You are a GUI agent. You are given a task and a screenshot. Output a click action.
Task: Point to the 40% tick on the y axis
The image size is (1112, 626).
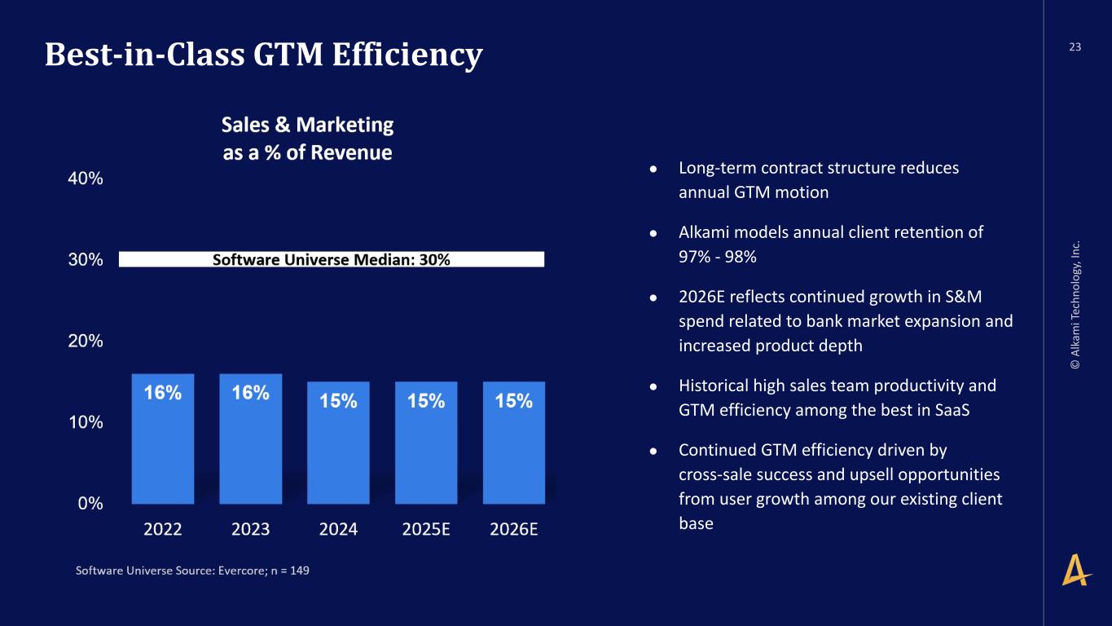(85, 179)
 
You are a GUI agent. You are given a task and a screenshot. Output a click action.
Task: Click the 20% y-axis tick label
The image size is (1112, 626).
(85, 342)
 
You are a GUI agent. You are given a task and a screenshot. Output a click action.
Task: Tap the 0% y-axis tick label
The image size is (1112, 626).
(90, 504)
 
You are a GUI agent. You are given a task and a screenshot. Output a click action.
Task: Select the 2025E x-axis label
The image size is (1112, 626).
(426, 529)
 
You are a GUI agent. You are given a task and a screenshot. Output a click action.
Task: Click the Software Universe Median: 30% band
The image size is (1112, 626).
(331, 259)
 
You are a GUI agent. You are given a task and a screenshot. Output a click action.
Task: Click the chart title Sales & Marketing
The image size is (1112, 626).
(307, 125)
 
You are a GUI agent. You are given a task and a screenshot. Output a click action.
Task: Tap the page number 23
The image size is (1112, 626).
(1075, 47)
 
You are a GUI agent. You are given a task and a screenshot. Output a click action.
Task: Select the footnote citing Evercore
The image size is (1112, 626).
(192, 571)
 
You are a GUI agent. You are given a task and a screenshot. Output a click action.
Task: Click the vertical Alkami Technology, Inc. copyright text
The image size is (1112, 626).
(1076, 305)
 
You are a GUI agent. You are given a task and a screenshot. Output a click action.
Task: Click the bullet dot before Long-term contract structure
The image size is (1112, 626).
(653, 169)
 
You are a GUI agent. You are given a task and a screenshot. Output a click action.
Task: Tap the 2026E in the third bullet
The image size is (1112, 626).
(705, 298)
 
